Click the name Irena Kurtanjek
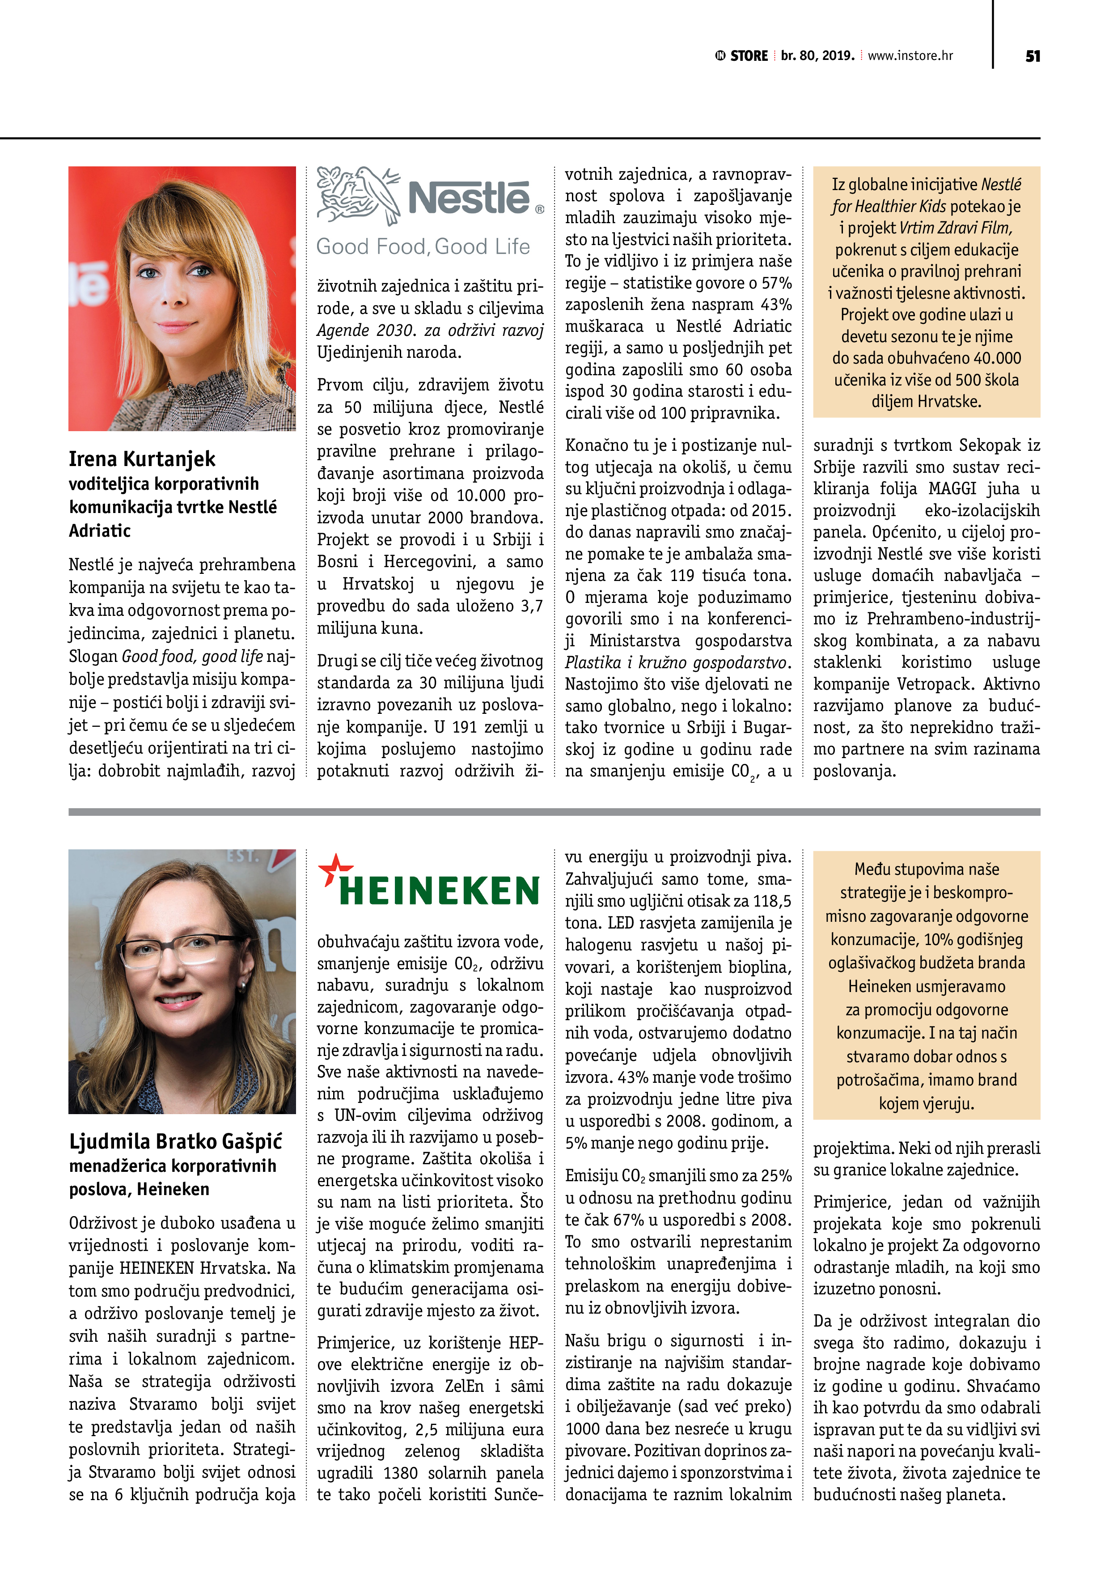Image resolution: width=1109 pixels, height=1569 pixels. click(x=142, y=458)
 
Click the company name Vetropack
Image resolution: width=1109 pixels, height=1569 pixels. click(x=943, y=684)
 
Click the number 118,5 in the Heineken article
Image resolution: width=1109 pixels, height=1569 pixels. click(x=770, y=901)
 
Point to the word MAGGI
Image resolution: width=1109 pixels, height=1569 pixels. click(x=952, y=489)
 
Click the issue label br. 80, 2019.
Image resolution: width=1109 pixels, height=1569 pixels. click(x=817, y=56)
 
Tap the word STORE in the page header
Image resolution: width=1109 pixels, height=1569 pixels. click(x=749, y=56)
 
